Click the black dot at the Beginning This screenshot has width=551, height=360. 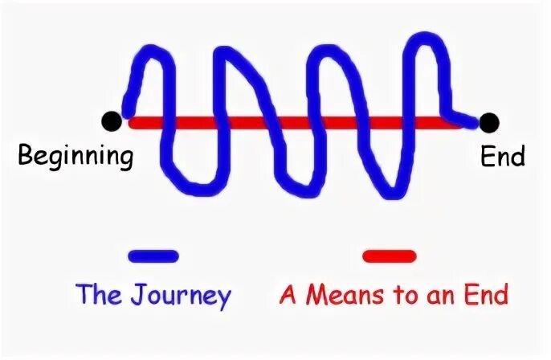point(112,122)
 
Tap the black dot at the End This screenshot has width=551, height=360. point(488,122)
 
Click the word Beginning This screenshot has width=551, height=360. point(76,155)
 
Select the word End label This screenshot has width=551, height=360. point(503,155)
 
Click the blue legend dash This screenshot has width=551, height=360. point(153,256)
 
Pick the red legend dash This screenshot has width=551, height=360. point(389,256)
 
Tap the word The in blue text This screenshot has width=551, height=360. point(98,295)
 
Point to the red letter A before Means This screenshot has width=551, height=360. point(288,295)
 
